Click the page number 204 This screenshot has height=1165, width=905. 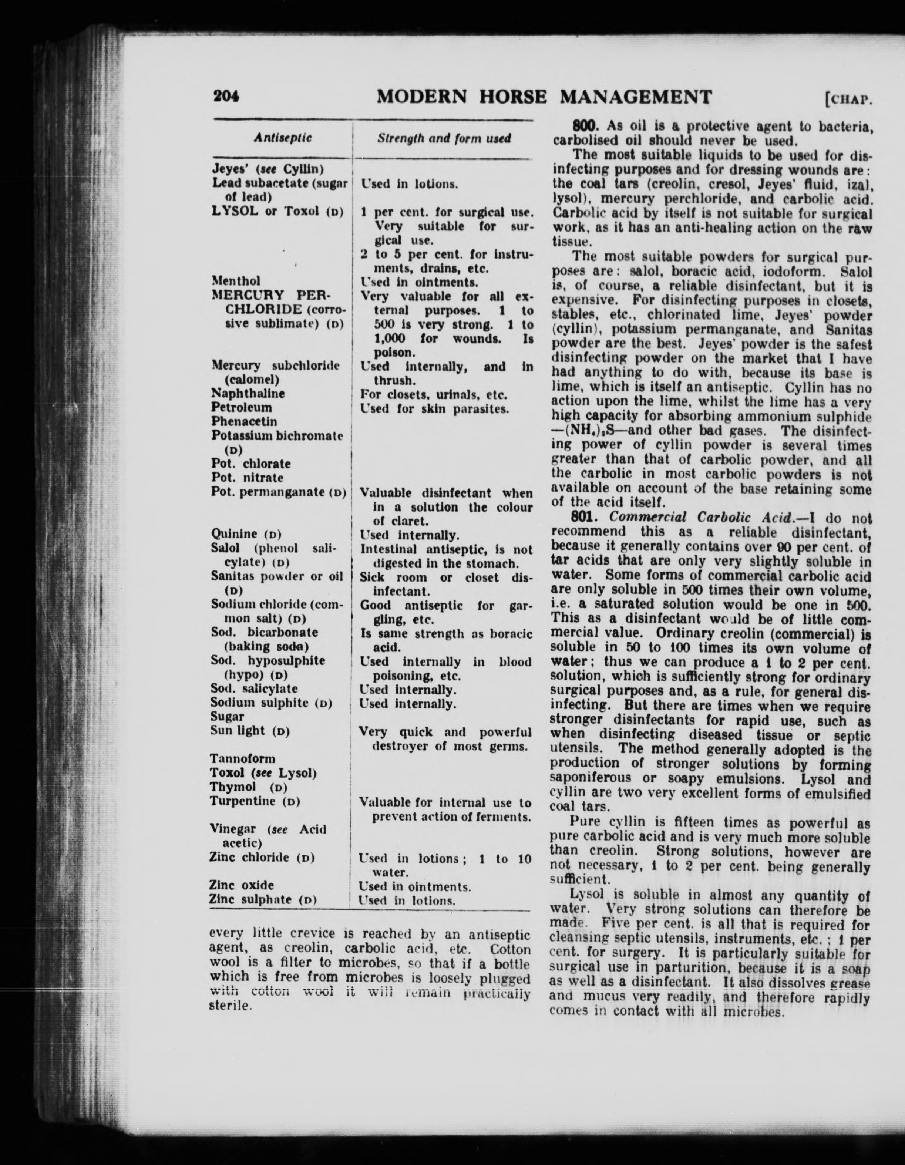(x=226, y=96)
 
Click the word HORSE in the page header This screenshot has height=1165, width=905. (x=513, y=97)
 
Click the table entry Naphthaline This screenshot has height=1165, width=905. (x=248, y=394)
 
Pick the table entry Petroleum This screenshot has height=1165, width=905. (x=242, y=408)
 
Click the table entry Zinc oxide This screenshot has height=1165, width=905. (x=242, y=885)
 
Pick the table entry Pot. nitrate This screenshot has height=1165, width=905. (x=247, y=478)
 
